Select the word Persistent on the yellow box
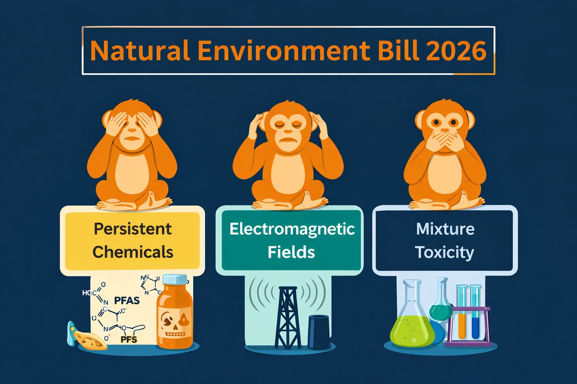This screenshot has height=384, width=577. click(132, 229)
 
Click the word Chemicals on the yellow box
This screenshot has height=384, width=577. click(132, 252)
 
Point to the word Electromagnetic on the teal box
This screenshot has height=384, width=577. click(292, 229)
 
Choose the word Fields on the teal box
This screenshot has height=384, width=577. click(292, 252)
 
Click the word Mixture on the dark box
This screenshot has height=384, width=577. click(445, 229)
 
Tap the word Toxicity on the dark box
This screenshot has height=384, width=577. click(445, 252)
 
